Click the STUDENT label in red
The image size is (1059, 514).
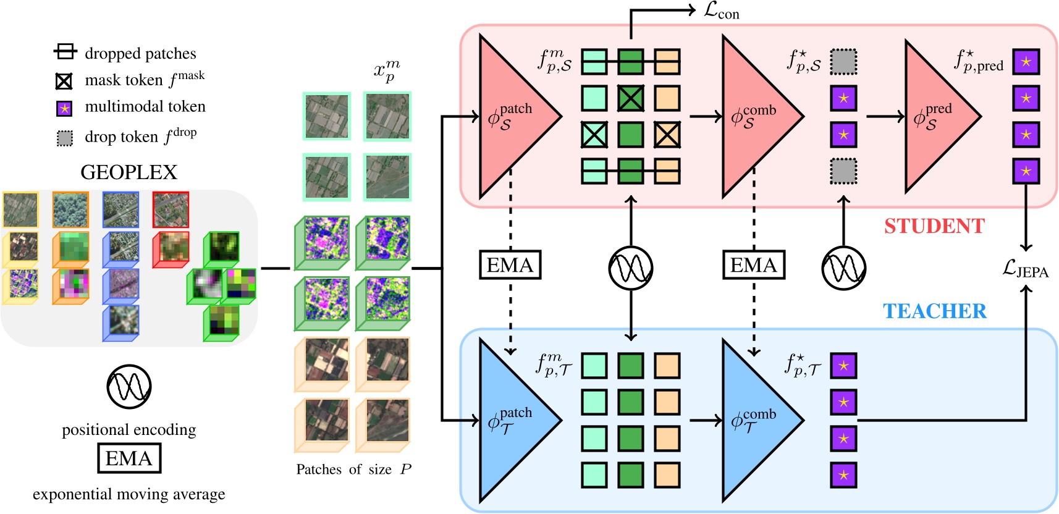[935, 226]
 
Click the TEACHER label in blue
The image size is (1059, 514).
[935, 311]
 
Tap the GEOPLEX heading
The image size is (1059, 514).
[129, 172]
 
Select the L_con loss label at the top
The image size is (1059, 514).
[721, 11]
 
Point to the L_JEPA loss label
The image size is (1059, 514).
[1026, 269]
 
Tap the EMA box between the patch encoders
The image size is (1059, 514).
[510, 265]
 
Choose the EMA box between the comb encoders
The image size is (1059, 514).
[754, 265]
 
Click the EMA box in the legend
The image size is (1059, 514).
[129, 458]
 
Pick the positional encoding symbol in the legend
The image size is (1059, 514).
[129, 386]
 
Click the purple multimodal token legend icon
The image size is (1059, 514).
[64, 109]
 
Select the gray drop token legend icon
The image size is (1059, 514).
[64, 138]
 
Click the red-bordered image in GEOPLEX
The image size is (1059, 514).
[170, 209]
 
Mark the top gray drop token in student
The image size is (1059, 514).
[843, 62]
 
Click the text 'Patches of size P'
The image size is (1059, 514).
[353, 469]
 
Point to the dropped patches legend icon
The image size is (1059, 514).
[65, 51]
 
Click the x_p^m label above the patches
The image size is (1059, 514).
[387, 72]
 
